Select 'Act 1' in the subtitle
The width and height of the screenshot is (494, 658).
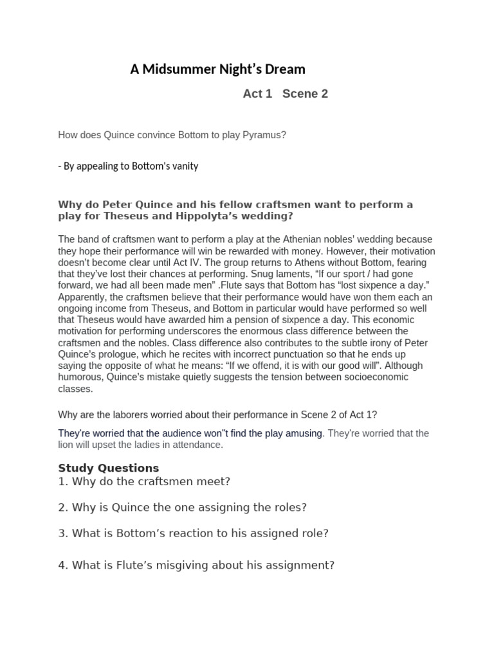(257, 94)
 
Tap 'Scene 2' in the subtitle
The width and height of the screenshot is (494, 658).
(305, 94)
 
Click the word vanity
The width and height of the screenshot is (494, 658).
(184, 166)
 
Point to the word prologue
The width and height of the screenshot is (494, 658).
(136, 355)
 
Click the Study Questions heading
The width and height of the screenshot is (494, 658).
(108, 468)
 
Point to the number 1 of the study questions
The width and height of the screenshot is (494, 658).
(62, 481)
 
